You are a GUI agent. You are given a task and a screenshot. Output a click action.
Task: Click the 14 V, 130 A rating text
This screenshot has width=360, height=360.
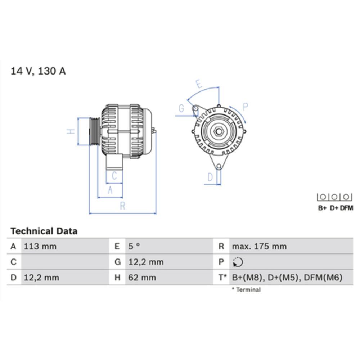point(38,71)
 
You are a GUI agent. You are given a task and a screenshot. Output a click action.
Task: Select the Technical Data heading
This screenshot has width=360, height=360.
point(44,231)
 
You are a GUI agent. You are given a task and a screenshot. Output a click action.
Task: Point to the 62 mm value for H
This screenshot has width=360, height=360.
point(142,278)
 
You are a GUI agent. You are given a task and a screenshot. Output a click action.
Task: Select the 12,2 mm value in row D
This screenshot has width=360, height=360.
point(41,278)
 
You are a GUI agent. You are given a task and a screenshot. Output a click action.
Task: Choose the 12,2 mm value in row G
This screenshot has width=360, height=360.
point(146,262)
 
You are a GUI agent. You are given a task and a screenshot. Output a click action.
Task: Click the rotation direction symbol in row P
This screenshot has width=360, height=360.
point(238,262)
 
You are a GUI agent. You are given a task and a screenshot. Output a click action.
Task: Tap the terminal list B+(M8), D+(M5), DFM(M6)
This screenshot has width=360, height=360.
point(287,278)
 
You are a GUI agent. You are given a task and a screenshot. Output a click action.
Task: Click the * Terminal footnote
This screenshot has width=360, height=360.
point(246,289)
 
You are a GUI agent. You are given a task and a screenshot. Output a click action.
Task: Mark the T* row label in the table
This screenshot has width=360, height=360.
point(222,278)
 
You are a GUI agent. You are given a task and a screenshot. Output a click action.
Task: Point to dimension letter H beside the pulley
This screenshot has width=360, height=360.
point(72,131)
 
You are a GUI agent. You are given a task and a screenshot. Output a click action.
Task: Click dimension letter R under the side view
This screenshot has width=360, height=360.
point(122,206)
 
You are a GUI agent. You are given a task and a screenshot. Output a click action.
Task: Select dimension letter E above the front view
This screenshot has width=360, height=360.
point(198,84)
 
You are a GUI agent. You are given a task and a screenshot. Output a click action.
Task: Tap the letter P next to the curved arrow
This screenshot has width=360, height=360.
point(245,107)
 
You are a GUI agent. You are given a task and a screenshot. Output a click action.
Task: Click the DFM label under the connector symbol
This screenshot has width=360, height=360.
point(347,208)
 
